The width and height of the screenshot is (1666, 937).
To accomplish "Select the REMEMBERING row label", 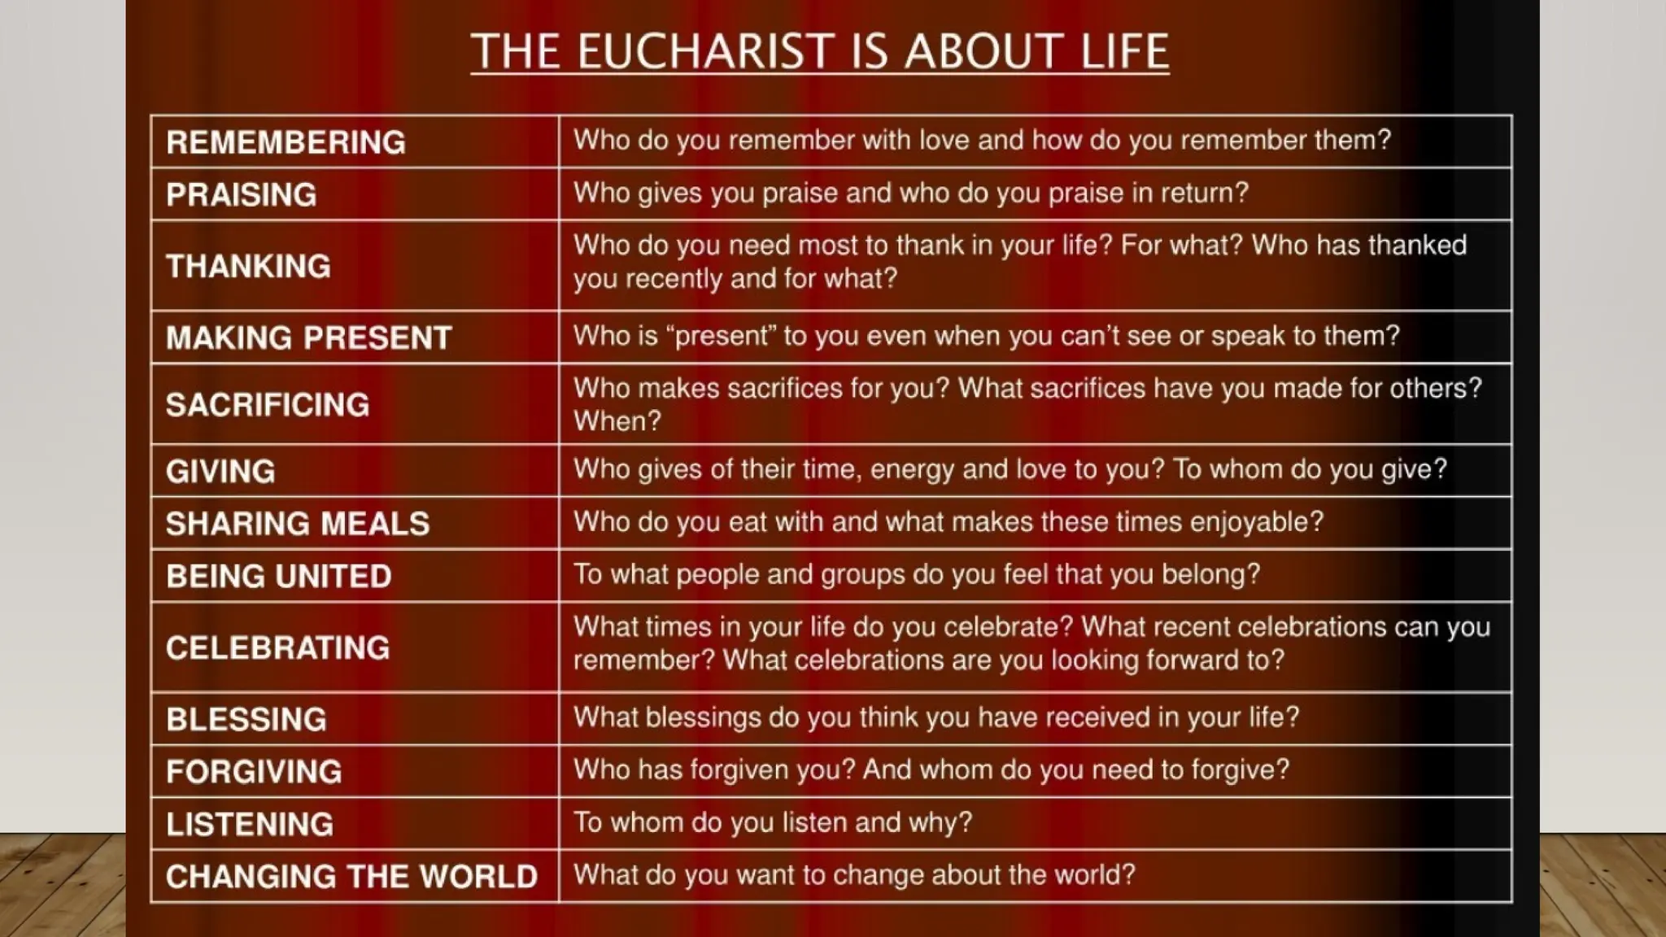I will pos(286,142).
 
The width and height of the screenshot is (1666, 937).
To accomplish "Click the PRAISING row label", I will pos(241,195).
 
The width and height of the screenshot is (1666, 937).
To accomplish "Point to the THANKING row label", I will pos(248,266).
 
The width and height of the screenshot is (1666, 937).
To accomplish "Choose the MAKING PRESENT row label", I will pos(308,338).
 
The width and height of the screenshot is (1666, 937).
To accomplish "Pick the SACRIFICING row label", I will pos(267,404).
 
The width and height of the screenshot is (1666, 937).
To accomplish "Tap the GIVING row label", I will pos(220,472).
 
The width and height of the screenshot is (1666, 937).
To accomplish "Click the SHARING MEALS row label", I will pos(297,524).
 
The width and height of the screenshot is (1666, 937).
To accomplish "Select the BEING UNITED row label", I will pos(278,577).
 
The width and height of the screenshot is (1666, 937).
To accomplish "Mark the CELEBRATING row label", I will pos(277,648).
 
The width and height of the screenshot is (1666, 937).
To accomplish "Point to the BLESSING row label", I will pos(246,720).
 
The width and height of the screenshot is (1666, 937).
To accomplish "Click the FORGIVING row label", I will pos(254,772).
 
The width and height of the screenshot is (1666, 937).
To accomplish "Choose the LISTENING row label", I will pos(249,825).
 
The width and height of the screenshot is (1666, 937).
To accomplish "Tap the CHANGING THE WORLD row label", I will pos(351,877).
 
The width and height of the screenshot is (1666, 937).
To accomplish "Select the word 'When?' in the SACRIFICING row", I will pos(617,421).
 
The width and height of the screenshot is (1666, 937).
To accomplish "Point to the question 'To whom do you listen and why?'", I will pos(772,822).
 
